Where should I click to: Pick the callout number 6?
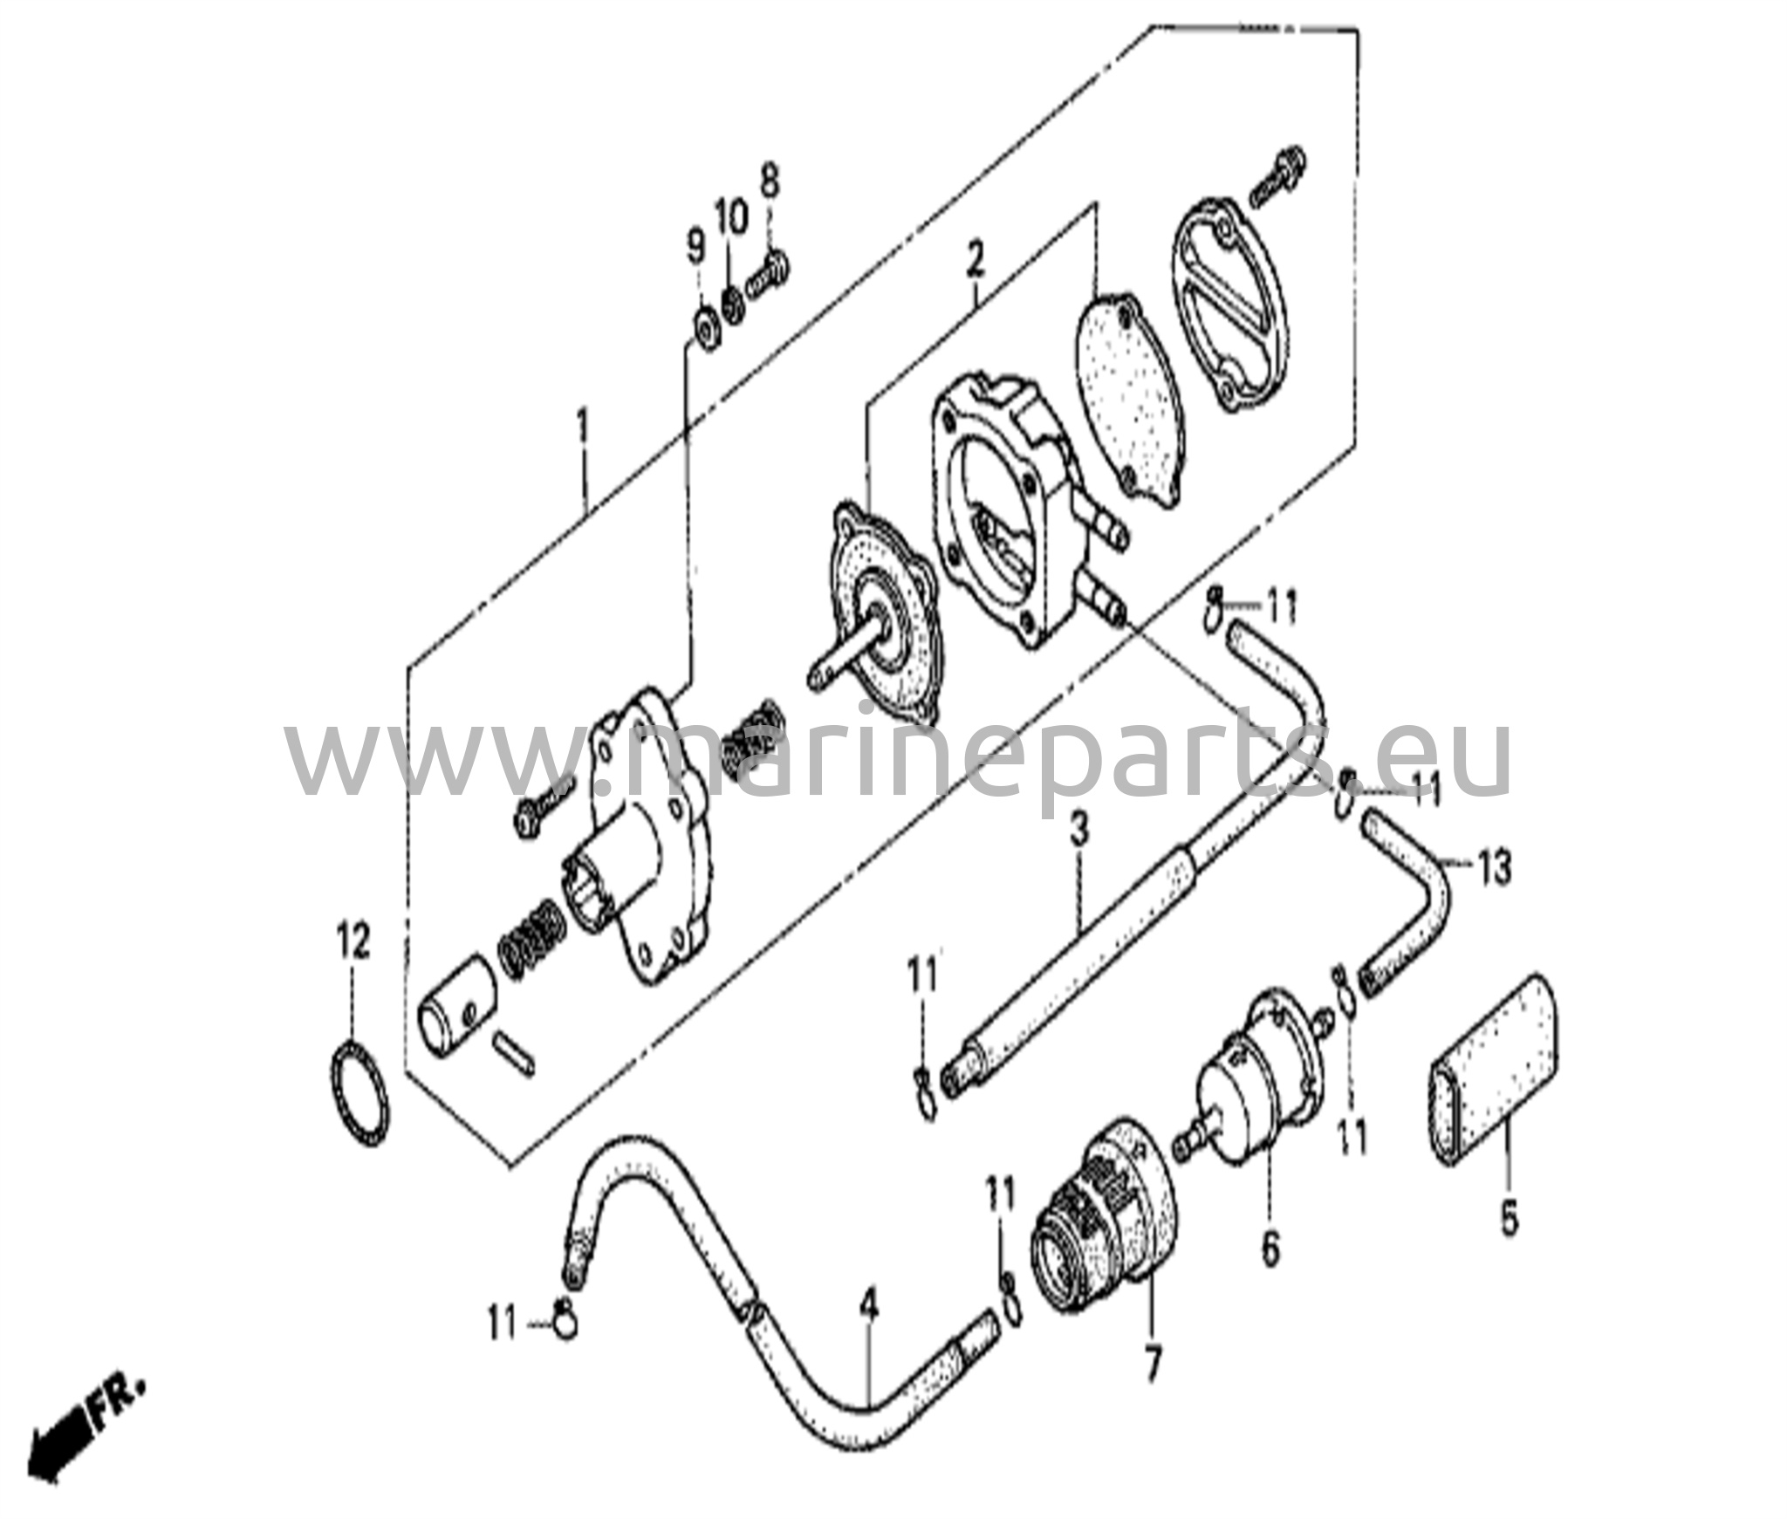[x=1270, y=1249]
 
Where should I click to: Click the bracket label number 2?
[x=975, y=260]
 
